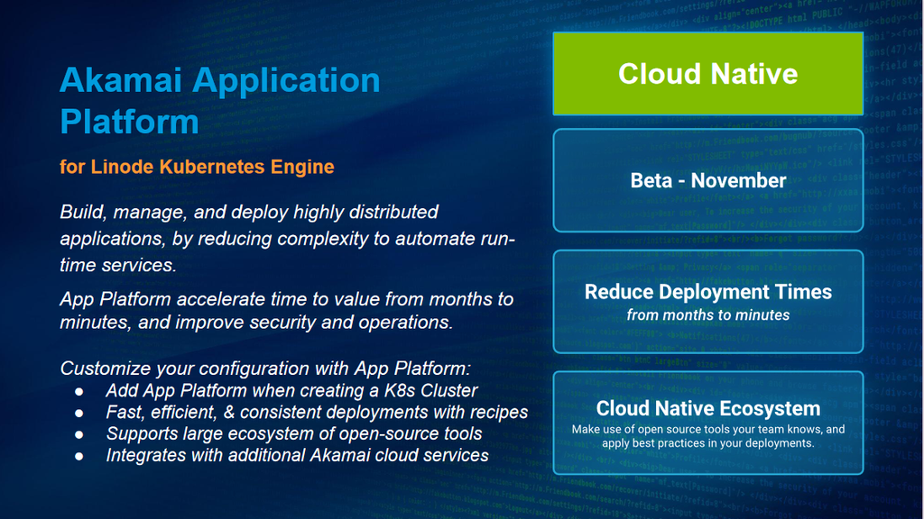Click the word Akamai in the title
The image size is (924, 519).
coord(121,80)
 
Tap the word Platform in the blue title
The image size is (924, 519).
coord(130,122)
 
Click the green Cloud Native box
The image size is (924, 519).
coord(707,74)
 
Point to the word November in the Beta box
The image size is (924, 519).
coord(738,180)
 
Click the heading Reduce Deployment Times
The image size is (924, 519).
coord(707,292)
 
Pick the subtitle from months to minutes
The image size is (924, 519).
coord(707,315)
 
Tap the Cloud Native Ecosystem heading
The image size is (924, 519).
coord(707,408)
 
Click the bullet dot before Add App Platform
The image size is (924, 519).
coord(79,391)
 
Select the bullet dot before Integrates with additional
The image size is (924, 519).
coord(79,456)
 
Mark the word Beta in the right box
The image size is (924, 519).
coord(651,180)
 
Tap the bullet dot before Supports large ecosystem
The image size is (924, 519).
coord(79,434)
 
